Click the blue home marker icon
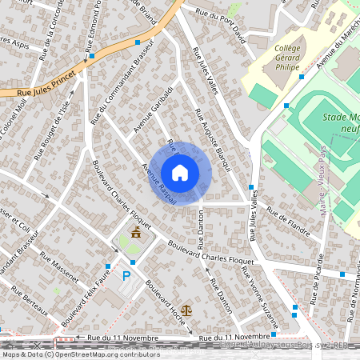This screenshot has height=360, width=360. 180,173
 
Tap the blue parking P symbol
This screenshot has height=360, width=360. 126,276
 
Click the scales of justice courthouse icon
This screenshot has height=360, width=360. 187,308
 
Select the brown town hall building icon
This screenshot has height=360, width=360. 136,233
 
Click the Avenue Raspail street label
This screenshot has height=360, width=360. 158,183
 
